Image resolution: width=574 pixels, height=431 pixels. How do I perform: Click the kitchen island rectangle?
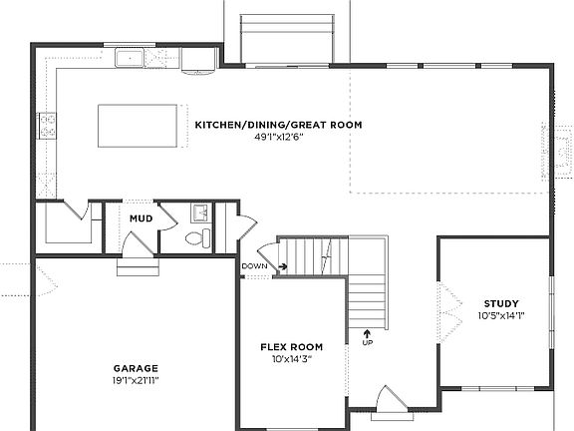point(140,125)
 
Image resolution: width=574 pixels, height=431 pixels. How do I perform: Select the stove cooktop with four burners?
point(47,125)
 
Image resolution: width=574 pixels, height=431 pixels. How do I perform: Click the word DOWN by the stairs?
point(253,266)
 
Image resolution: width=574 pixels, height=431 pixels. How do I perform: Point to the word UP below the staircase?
point(367,343)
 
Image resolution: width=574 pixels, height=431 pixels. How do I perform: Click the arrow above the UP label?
point(367,331)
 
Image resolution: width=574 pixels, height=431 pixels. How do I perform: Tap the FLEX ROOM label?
point(287,347)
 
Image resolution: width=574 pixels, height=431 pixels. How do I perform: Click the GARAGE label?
point(136,368)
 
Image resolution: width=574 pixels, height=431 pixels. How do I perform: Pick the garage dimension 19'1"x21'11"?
point(136,380)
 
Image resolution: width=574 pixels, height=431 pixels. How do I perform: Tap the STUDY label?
point(500,304)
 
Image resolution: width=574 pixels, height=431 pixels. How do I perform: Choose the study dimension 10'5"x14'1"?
point(500,316)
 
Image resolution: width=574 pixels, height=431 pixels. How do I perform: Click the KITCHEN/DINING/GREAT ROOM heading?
point(278,125)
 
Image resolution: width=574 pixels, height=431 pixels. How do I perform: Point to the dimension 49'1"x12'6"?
point(278,137)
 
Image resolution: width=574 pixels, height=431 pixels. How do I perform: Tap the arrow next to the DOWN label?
point(282,266)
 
